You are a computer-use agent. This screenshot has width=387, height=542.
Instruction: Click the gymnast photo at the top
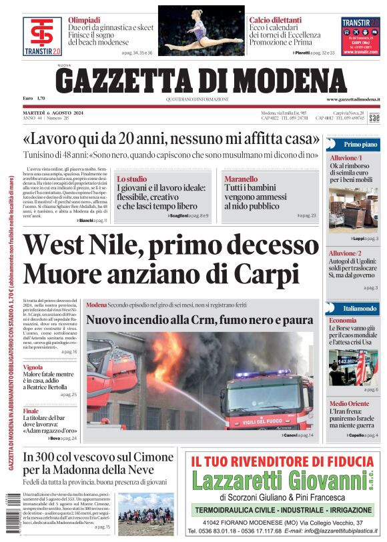pos(201,31)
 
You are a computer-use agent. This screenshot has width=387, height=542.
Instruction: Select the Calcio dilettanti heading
pos(276,20)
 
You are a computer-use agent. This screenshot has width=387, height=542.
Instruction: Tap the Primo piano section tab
pos(360,144)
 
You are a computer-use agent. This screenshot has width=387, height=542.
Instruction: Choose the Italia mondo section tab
pos(360,309)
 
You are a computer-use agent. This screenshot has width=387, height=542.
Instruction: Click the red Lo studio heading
pos(131,179)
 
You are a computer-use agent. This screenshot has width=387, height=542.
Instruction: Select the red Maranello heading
pos(241,179)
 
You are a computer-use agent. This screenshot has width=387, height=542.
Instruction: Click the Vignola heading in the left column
pos(33,367)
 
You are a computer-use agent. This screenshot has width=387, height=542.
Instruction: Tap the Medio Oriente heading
pos(348,403)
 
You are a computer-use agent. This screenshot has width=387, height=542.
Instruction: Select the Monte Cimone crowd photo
pos(146,513)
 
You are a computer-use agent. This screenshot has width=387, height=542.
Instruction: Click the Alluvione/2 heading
pos(344,253)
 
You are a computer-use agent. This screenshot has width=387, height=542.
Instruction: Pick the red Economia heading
pos(342,321)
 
